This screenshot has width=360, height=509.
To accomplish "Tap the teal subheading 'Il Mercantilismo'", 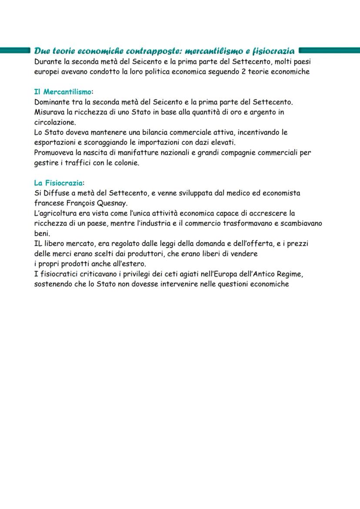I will tap(63, 92).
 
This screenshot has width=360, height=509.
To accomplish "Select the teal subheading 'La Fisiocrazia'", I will tap(58, 183).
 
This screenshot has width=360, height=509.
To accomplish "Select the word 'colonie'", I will tap(125, 163).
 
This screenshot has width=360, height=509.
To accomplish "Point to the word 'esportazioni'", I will tap(54, 142).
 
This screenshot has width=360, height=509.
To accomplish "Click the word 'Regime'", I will tap(290, 274).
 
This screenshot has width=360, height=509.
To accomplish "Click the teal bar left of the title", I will tap(16, 51).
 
